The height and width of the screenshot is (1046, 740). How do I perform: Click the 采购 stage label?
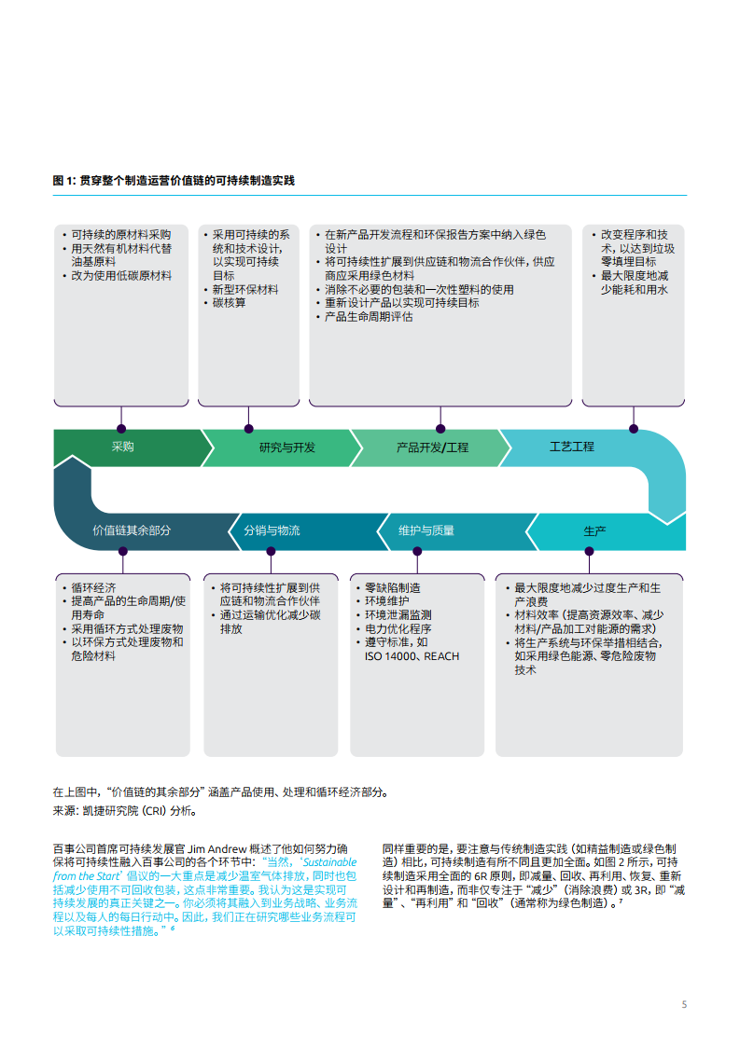click(123, 447)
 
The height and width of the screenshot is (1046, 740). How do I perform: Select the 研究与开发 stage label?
click(287, 447)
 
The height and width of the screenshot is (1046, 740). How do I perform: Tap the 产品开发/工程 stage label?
click(432, 447)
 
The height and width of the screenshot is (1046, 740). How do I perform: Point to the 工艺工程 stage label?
click(572, 447)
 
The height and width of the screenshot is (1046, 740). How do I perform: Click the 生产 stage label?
click(595, 531)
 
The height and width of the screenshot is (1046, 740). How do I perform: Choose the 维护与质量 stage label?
click(426, 530)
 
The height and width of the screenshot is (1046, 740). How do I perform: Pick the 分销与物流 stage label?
click(272, 530)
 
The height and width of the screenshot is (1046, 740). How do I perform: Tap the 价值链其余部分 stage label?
click(132, 530)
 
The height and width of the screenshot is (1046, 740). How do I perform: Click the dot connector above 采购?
click(120, 429)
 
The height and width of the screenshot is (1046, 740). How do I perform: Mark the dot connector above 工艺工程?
click(635, 429)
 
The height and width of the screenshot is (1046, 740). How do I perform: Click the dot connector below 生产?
click(590, 551)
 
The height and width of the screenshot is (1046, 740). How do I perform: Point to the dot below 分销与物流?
click(271, 551)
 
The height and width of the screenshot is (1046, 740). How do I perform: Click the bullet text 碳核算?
click(230, 303)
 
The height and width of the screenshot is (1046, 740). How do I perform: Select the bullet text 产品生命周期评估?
click(369, 317)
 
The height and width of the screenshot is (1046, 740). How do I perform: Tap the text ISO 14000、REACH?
click(412, 656)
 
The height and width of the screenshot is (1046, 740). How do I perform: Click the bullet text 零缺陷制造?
click(393, 588)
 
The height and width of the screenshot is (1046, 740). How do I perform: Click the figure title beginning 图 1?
click(180, 180)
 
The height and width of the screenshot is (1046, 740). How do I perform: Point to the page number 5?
click(685, 1005)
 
